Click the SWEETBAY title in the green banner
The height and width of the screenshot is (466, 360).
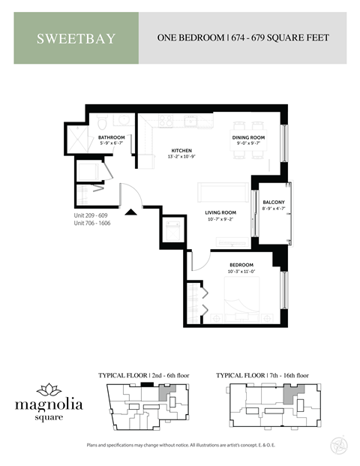pyautogui.click(x=76, y=38)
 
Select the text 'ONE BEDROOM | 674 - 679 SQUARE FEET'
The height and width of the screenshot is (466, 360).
pyautogui.click(x=242, y=38)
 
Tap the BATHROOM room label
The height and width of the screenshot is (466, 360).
pyautogui.click(x=111, y=137)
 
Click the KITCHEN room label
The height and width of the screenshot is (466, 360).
pyautogui.click(x=182, y=151)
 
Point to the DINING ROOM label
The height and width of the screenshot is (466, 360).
pyautogui.click(x=247, y=137)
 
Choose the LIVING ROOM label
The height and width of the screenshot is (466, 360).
pyautogui.click(x=221, y=212)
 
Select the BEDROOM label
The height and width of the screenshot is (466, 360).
pyautogui.click(x=241, y=265)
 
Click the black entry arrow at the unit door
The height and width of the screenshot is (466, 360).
pyautogui.click(x=131, y=212)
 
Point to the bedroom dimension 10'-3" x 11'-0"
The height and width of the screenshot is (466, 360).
pyautogui.click(x=241, y=272)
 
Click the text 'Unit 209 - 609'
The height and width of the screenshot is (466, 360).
pyautogui.click(x=92, y=215)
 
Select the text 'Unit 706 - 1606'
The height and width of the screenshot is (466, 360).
pyautogui.click(x=94, y=224)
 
